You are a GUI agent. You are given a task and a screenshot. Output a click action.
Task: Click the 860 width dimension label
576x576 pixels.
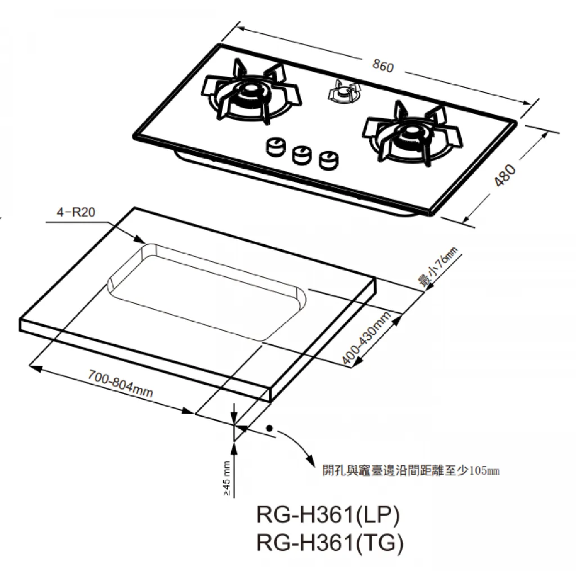(383, 66)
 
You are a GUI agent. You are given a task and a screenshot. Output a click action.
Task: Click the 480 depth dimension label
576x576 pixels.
(506, 175)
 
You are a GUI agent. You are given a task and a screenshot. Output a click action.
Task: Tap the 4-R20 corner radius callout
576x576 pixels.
(76, 212)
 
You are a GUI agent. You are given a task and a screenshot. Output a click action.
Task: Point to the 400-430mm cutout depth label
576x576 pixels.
(366, 339)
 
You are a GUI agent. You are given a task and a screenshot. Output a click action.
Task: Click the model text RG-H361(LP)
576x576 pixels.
(328, 515)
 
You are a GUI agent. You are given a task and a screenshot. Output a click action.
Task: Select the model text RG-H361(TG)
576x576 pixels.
(330, 542)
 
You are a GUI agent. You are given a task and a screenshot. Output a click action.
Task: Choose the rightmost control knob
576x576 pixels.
(328, 160)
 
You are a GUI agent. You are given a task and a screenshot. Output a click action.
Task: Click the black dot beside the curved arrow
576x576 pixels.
(269, 428)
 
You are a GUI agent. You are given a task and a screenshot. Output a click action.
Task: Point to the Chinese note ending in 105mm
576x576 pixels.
(411, 471)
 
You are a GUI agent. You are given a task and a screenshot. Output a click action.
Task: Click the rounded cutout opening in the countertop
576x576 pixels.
(207, 290)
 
